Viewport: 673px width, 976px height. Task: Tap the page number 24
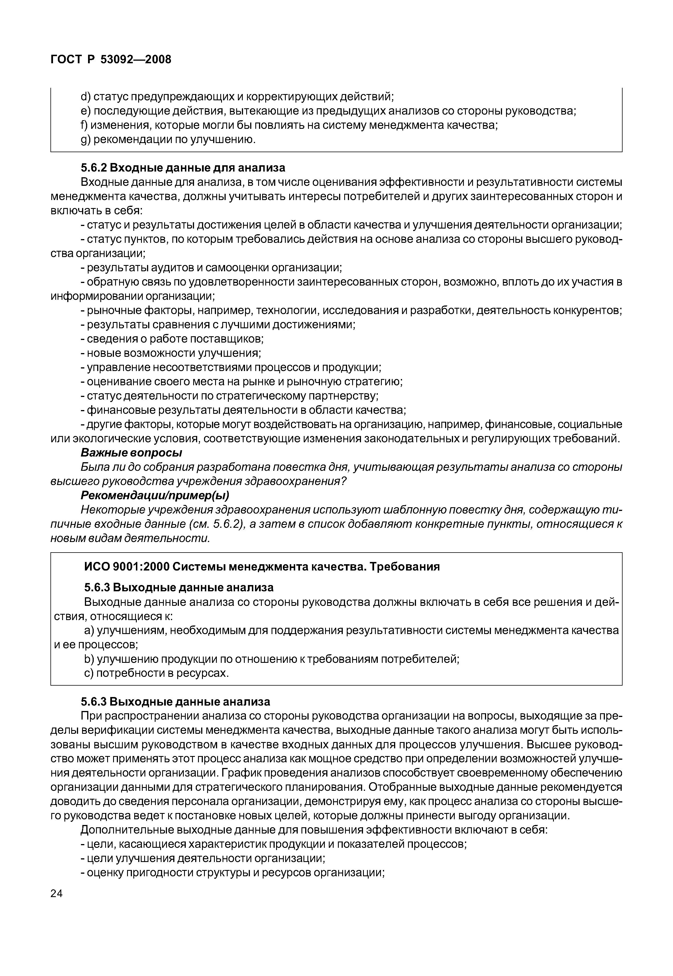point(56,893)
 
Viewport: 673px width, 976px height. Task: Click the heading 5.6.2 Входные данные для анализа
point(183,168)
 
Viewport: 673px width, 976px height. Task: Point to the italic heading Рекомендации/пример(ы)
point(155,495)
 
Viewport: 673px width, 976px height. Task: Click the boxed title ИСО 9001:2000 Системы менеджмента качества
point(262,567)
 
